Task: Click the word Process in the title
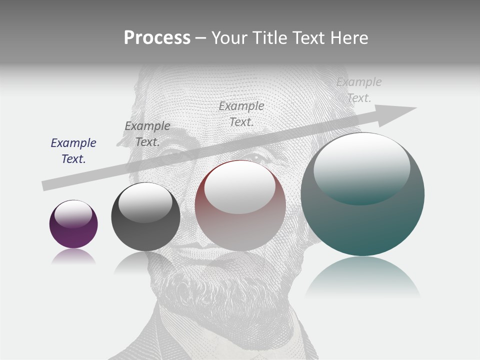157,38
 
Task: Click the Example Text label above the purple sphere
73,151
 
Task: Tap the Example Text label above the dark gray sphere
147,134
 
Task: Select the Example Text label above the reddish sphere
241,113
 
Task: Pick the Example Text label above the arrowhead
359,90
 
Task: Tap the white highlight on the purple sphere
73,213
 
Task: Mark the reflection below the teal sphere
362,277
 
